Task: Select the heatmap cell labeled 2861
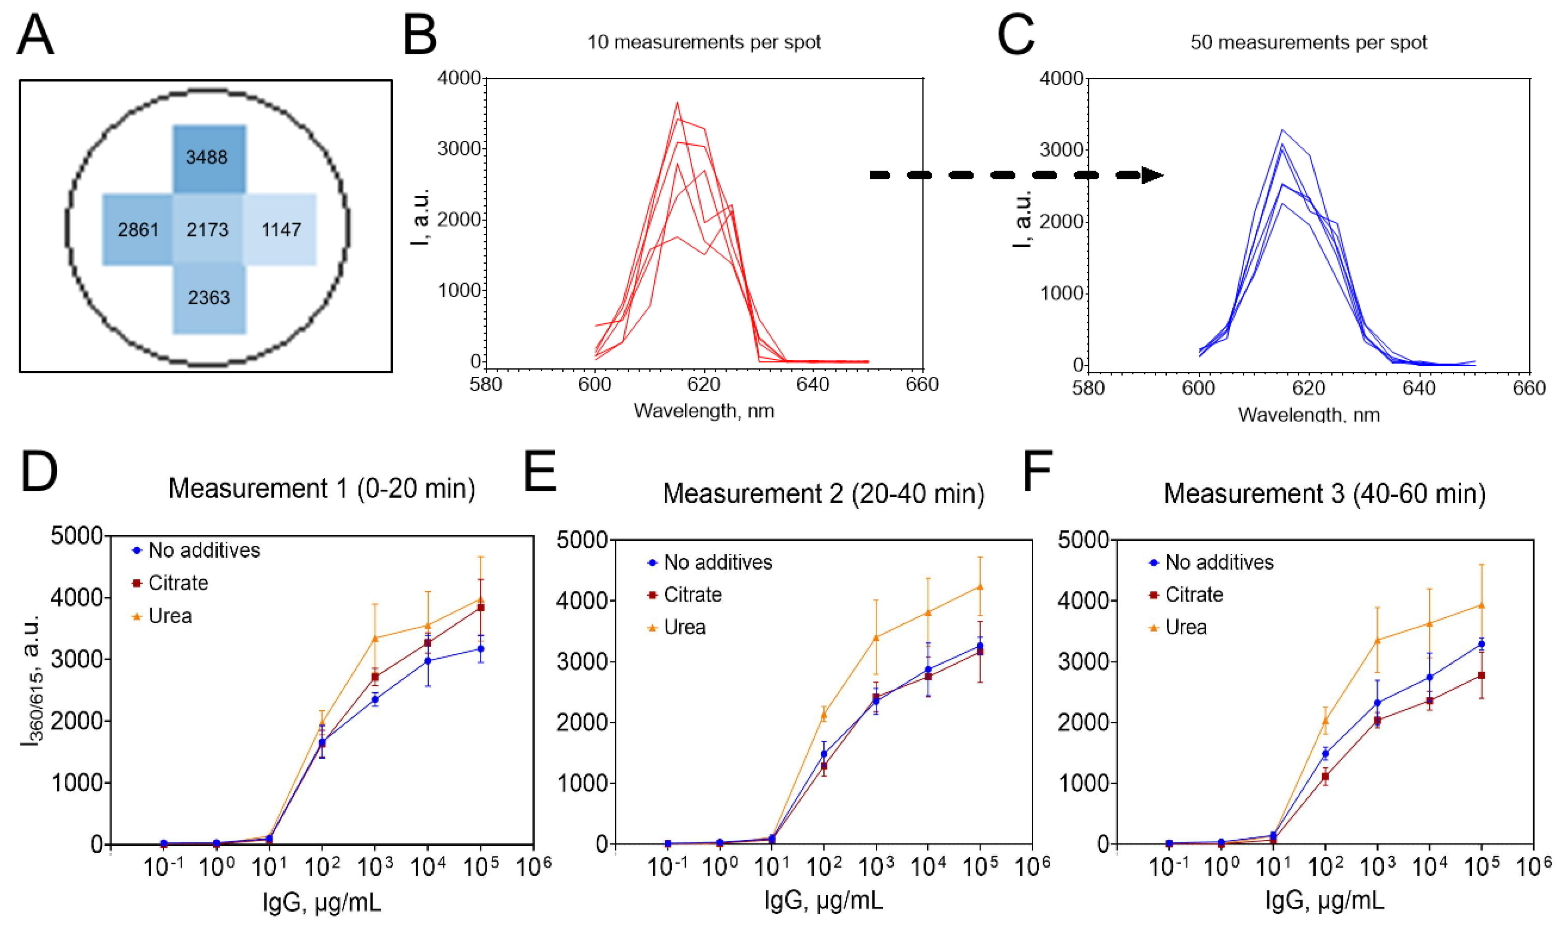(x=138, y=229)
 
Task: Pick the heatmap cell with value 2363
(x=209, y=298)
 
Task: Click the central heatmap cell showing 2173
(x=208, y=229)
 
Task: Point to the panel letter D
(x=39, y=472)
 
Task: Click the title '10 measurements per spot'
(x=704, y=42)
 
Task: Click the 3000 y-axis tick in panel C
(x=1061, y=150)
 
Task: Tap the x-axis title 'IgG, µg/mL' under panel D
(x=322, y=902)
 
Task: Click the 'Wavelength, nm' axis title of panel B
(x=704, y=411)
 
